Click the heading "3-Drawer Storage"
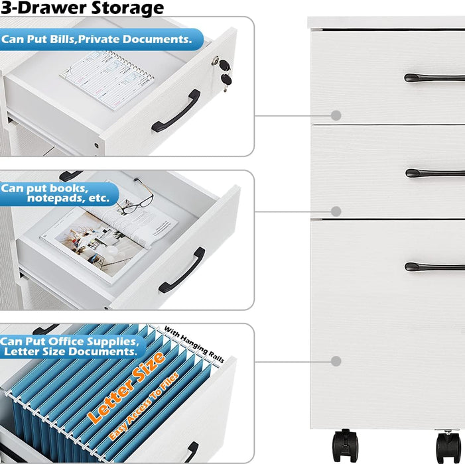tap(82, 8)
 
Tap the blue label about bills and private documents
tap(101, 39)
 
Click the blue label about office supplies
tap(72, 346)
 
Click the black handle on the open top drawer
tap(176, 111)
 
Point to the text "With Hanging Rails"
tap(194, 341)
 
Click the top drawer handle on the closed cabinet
tap(434, 78)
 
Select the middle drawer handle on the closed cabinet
tap(434, 173)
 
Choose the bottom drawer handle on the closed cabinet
tap(434, 266)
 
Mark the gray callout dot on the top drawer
tap(336, 115)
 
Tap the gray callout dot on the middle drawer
tap(336, 211)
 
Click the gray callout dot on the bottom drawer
tap(336, 361)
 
